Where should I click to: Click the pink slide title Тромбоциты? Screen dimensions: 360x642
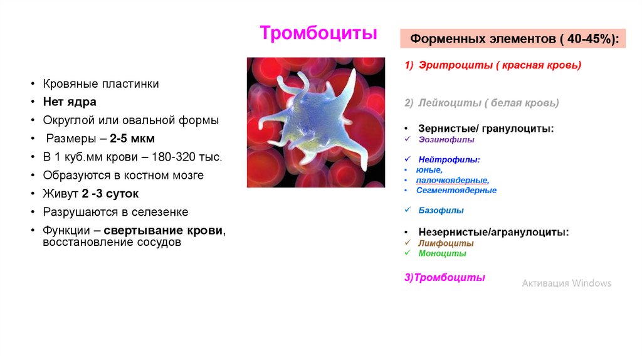[318, 33]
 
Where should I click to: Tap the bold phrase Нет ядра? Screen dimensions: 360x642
[70, 102]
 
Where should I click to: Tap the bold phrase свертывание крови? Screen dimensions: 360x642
[163, 230]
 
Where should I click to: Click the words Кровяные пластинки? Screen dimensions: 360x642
[101, 83]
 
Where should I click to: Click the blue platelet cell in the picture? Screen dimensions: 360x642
[313, 119]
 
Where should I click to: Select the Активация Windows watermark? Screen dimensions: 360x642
[566, 283]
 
